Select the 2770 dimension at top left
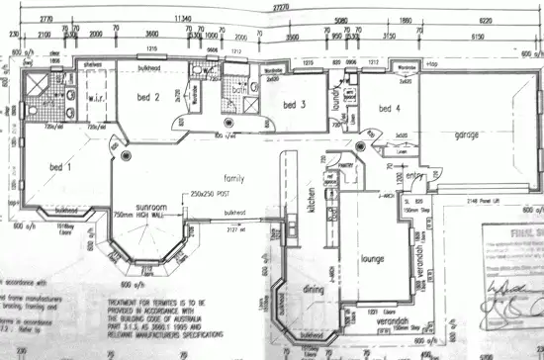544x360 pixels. pyautogui.click(x=45, y=18)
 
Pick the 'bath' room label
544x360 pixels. pyautogui.click(x=239, y=90)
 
